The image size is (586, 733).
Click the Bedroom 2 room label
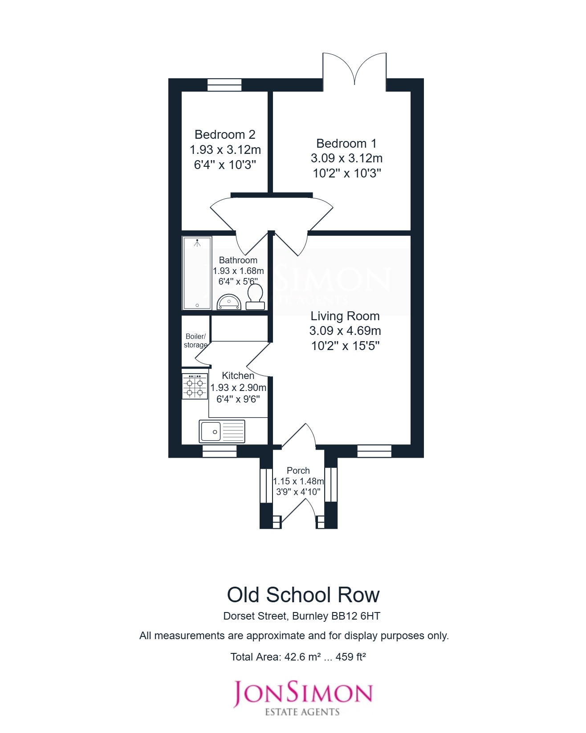[x=225, y=134]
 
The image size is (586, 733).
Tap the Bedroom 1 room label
[x=346, y=143]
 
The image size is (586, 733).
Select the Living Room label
[x=345, y=316]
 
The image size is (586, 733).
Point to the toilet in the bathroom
[x=255, y=297]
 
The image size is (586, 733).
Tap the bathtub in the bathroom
[x=197, y=273]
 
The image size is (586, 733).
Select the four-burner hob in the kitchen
[x=195, y=386]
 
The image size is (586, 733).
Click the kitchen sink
[x=222, y=431]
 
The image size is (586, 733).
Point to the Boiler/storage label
[x=195, y=341]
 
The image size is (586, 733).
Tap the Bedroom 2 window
[x=224, y=85]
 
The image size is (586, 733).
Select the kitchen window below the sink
[x=220, y=451]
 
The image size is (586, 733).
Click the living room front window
[x=374, y=451]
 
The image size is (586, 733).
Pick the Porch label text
[x=298, y=470]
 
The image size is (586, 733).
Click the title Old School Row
[x=303, y=595]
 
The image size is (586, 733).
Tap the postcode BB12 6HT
[x=355, y=616]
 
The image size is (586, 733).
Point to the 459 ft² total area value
[x=350, y=657]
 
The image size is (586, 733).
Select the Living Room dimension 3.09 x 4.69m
[x=345, y=331]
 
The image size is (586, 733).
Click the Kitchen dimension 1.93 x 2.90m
[x=238, y=387]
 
